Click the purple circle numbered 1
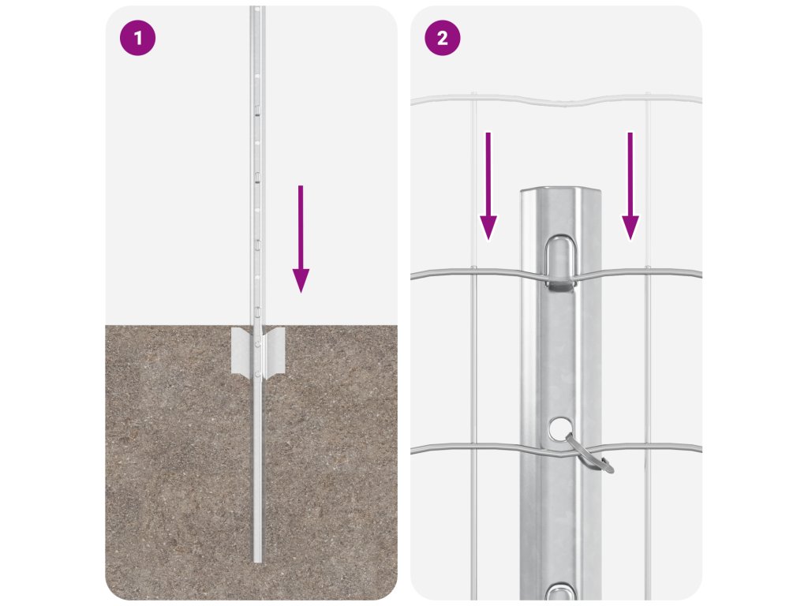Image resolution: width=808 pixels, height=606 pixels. (137, 38)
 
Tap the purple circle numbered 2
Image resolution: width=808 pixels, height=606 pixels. (442, 38)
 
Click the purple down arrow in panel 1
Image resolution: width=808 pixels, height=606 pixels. (301, 239)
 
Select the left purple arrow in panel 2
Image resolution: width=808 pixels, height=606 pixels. (488, 186)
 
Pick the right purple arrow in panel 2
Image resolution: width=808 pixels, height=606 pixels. (630, 186)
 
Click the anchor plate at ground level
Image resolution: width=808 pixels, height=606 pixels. (258, 350)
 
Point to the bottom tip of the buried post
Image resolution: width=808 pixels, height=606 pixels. (258, 562)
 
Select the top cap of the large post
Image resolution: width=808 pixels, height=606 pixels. (561, 191)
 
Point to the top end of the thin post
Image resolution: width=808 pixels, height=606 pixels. (258, 7)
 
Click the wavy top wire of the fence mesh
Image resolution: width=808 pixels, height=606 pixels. (556, 99)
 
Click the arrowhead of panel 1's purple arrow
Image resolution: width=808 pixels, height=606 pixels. (301, 281)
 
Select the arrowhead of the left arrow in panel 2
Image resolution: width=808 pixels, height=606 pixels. (488, 228)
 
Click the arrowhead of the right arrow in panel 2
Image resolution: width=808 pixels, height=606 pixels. (630, 228)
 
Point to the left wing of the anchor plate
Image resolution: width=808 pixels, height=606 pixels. (242, 350)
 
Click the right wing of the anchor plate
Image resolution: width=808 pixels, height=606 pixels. (274, 350)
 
